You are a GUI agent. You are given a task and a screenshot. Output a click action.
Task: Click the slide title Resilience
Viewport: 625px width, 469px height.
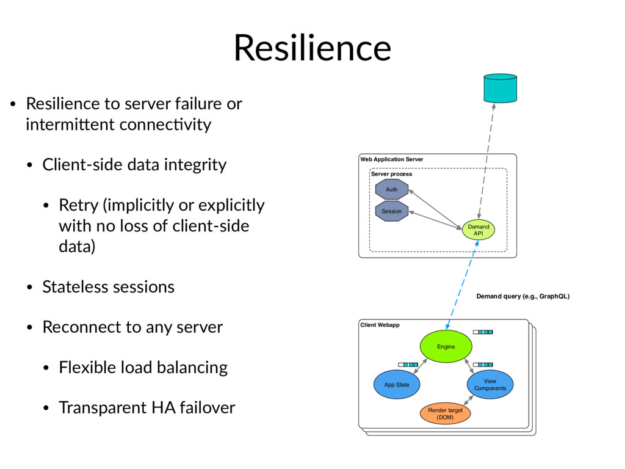(312, 48)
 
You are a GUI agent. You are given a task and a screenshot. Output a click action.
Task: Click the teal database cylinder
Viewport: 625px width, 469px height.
(500, 88)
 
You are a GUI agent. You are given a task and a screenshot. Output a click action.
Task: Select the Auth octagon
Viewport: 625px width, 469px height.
(392, 189)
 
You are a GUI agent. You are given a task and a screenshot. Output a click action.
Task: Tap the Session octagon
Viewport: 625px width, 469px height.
(392, 211)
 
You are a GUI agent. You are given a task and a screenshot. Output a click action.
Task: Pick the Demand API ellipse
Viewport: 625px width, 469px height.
(479, 230)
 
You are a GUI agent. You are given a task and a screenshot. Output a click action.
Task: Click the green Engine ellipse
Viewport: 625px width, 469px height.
(446, 347)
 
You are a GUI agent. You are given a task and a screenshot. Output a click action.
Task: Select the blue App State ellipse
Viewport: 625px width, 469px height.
(397, 385)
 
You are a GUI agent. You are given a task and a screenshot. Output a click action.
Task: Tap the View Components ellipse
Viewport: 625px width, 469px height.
(490, 385)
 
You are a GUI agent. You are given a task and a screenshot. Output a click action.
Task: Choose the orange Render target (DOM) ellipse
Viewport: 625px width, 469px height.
(445, 413)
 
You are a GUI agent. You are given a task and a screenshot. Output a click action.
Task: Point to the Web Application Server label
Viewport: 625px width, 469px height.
(391, 159)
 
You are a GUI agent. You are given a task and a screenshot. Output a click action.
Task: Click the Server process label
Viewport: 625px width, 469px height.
(391, 174)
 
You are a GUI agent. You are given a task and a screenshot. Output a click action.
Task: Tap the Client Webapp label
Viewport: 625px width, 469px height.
(380, 325)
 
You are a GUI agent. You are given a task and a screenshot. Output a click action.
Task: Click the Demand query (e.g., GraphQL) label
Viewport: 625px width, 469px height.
(523, 296)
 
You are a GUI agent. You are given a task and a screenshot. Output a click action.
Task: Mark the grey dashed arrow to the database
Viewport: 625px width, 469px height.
(486, 161)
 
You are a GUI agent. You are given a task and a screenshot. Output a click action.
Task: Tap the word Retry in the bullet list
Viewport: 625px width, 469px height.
(79, 206)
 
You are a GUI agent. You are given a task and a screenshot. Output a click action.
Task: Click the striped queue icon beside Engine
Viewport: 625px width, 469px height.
(483, 332)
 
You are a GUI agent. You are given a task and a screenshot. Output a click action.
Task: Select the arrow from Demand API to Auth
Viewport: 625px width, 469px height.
(435, 209)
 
